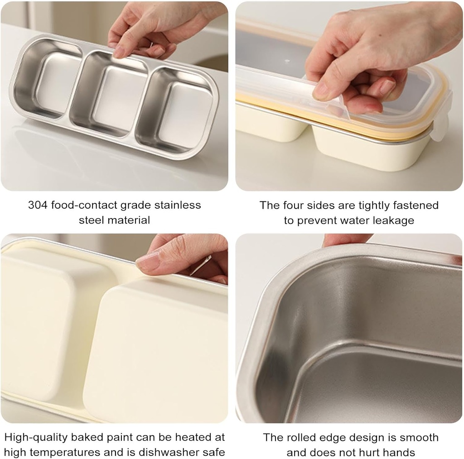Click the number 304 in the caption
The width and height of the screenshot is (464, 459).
pyautogui.click(x=38, y=205)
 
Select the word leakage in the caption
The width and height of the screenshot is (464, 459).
pyautogui.click(x=392, y=220)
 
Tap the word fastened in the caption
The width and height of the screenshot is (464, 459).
pyautogui.click(x=415, y=206)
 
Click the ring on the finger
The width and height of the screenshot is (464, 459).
pyautogui.click(x=201, y=265)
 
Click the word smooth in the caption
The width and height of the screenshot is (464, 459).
pyautogui.click(x=420, y=437)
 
